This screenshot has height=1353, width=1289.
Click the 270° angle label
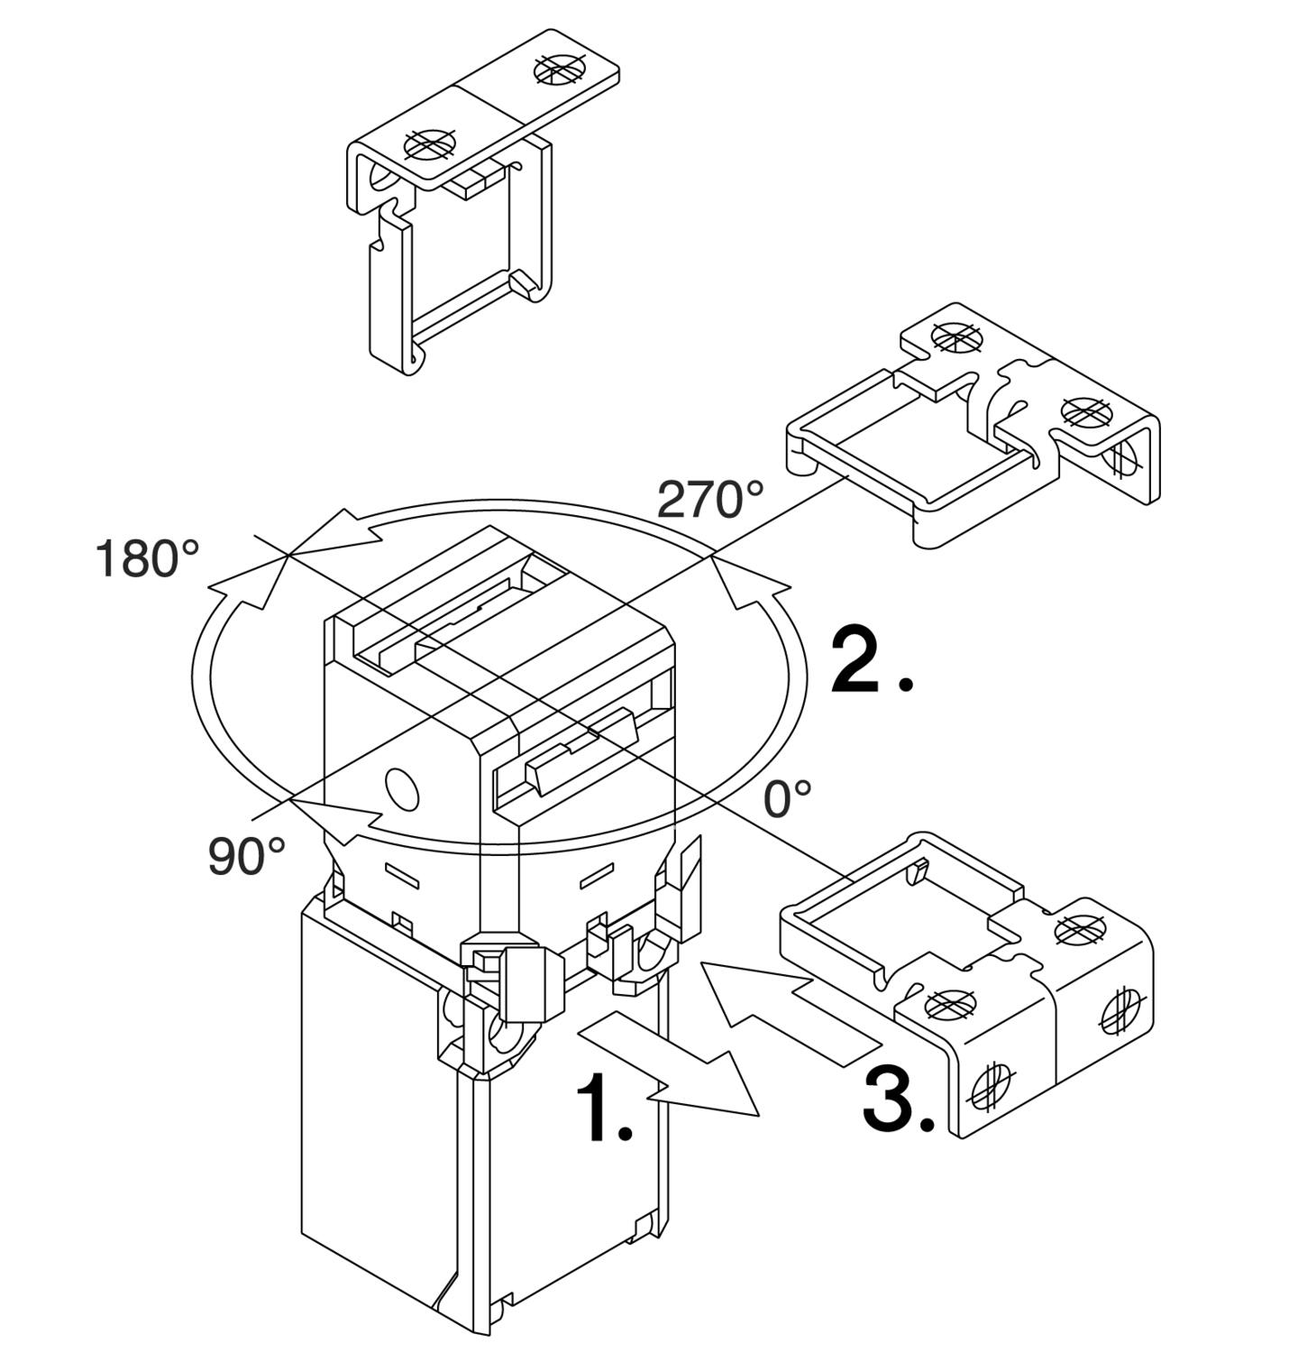tap(709, 499)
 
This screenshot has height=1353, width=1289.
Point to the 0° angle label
tap(787, 799)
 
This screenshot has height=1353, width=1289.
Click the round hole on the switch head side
tap(402, 787)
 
